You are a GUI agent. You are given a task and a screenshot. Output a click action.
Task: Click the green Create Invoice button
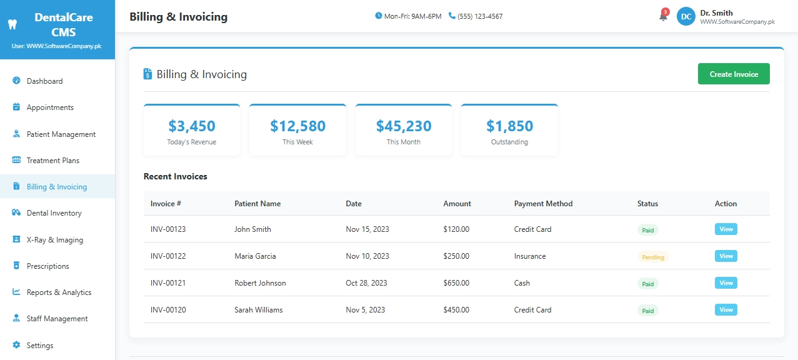pyautogui.click(x=734, y=74)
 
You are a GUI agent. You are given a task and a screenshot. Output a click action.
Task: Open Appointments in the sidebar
pyautogui.click(x=50, y=107)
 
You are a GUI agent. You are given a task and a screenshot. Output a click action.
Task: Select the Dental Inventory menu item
pyautogui.click(x=54, y=213)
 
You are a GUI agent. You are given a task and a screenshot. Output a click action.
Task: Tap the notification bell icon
pyautogui.click(x=663, y=17)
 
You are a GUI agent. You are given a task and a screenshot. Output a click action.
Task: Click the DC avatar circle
pyautogui.click(x=686, y=17)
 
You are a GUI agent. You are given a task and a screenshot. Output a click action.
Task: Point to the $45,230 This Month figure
pyautogui.click(x=404, y=126)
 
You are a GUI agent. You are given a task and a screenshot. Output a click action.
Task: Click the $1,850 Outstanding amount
pyautogui.click(x=509, y=126)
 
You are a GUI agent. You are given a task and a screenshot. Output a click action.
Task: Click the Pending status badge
pyautogui.click(x=653, y=257)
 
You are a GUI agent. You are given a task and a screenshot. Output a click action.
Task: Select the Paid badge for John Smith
pyautogui.click(x=648, y=230)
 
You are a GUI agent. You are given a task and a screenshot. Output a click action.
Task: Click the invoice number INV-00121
pyautogui.click(x=168, y=283)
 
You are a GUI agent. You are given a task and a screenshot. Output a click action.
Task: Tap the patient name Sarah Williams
pyautogui.click(x=259, y=310)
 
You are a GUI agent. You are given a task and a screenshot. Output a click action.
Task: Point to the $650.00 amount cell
pyautogui.click(x=456, y=283)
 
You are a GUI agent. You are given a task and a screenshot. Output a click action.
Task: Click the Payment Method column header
pyautogui.click(x=543, y=204)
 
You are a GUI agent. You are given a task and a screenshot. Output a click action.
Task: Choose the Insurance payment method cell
pyautogui.click(x=530, y=256)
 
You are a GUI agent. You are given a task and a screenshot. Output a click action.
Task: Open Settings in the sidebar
pyautogui.click(x=40, y=346)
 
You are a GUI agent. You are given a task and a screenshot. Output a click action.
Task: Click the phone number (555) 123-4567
pyautogui.click(x=480, y=16)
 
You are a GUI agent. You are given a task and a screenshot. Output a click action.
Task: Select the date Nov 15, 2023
pyautogui.click(x=367, y=229)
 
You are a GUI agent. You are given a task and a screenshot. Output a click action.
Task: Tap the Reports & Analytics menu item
pyautogui.click(x=59, y=292)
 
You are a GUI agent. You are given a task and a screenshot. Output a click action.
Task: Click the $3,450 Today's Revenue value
pyautogui.click(x=192, y=126)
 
